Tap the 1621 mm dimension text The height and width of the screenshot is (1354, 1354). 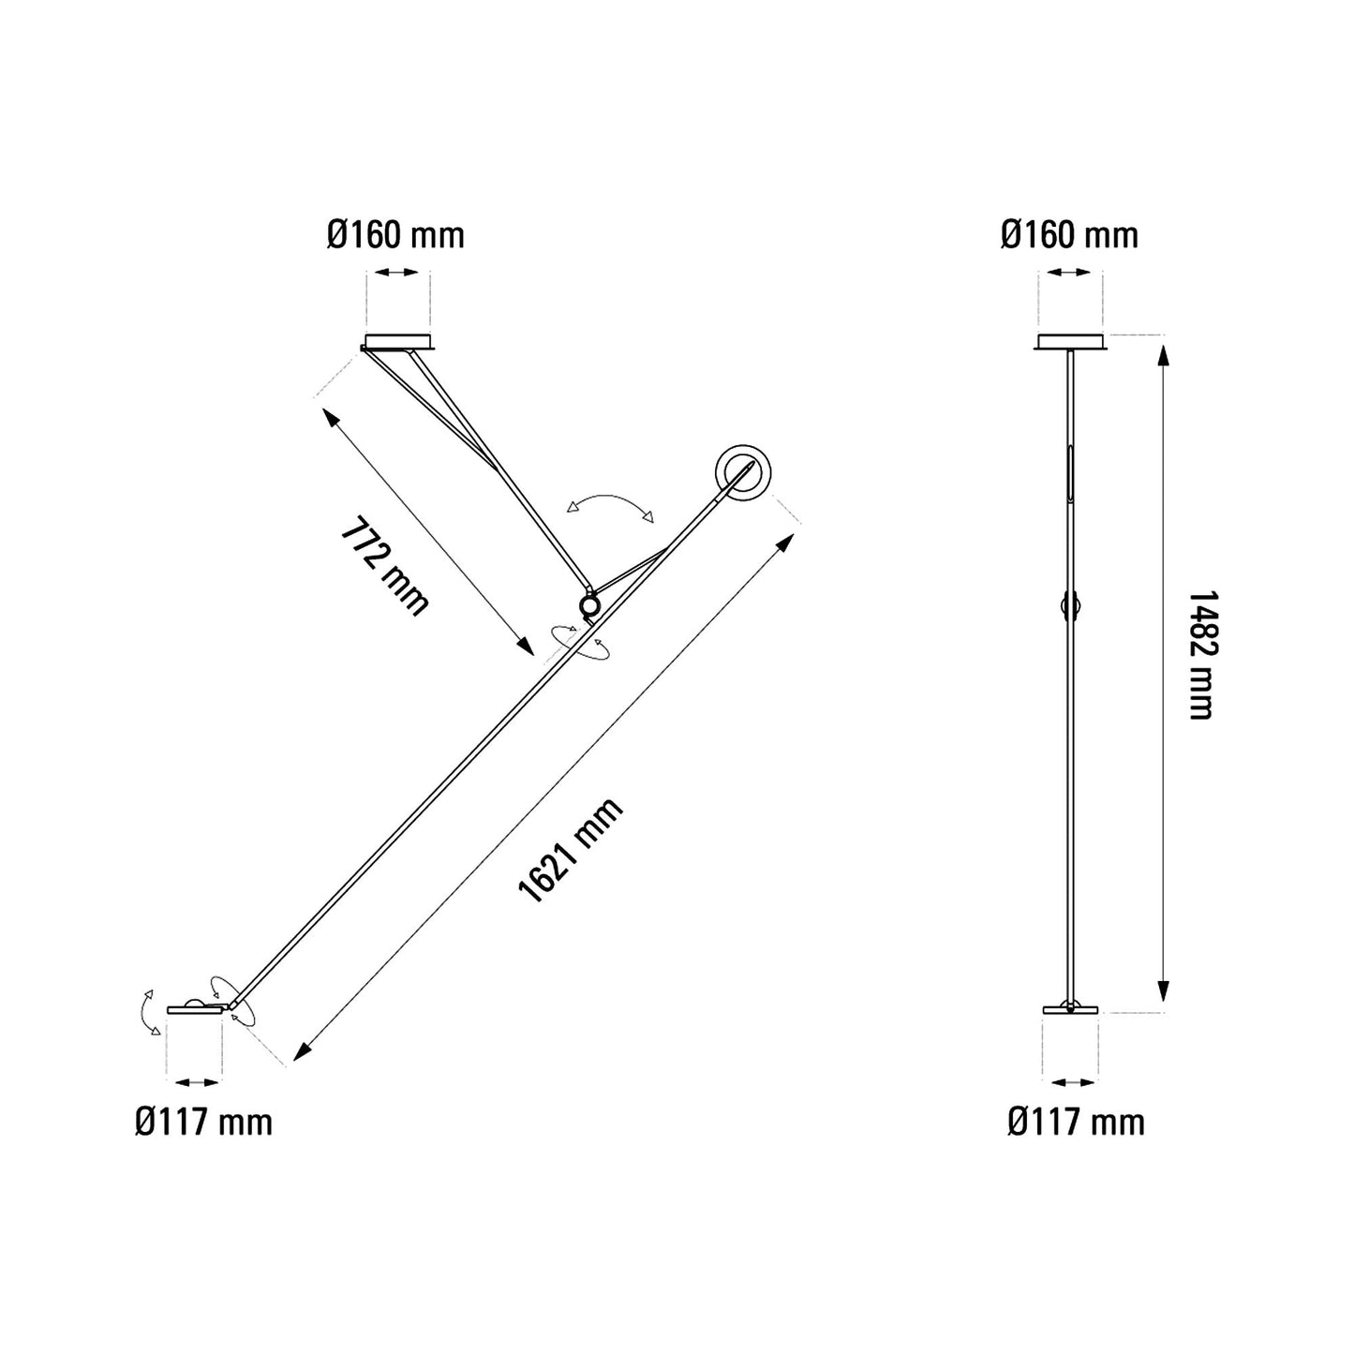point(571,851)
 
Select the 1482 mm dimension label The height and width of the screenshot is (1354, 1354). point(1200,654)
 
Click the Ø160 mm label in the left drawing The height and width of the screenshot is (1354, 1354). point(395,234)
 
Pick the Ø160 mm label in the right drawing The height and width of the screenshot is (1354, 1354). point(1069,234)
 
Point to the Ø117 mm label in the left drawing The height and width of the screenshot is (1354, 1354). point(203,1121)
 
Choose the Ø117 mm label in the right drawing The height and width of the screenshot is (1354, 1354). point(1076,1121)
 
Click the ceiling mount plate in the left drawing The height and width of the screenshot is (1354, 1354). point(399,342)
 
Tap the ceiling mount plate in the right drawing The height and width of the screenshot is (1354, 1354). point(1071,342)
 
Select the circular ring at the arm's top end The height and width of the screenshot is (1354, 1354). point(745,472)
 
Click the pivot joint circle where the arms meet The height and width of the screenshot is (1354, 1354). point(589,607)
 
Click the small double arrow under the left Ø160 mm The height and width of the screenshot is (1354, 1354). point(397,272)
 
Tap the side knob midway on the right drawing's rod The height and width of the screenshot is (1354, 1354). point(1069,607)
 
